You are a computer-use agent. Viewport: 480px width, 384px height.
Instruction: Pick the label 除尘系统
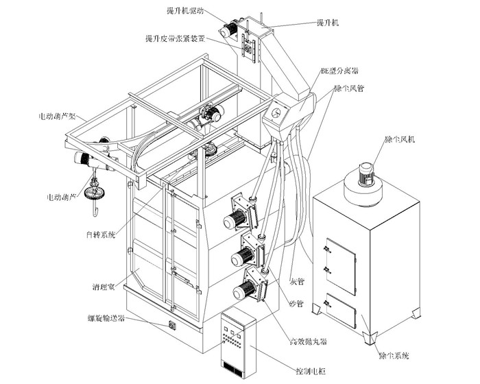pos(394,355)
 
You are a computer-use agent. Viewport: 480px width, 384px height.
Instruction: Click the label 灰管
pos(296,280)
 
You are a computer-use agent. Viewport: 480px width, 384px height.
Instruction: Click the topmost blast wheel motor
pos(235,220)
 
